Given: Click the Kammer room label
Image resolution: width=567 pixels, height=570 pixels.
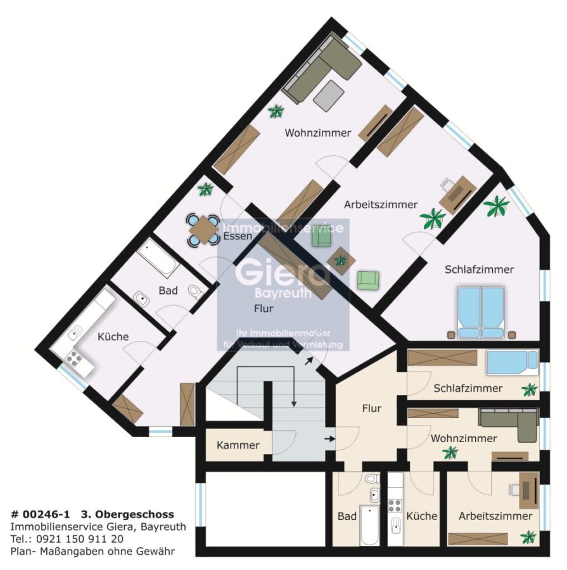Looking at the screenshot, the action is point(238,445).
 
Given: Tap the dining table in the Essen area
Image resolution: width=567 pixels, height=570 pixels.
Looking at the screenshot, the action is point(203,229).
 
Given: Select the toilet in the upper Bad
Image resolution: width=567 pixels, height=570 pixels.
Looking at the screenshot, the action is point(196,291).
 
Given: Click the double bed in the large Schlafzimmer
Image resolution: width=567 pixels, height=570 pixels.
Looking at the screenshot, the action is point(481,312).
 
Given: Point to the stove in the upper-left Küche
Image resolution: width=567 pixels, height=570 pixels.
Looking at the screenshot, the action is point(73,357).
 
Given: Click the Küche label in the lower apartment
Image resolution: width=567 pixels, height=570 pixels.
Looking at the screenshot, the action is point(421,516).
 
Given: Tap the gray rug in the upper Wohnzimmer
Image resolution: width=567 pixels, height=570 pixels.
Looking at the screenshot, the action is point(329,96).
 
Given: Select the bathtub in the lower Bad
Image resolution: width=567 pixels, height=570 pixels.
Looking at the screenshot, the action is point(369,524).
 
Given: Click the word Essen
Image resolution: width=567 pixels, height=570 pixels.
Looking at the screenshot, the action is point(238,236).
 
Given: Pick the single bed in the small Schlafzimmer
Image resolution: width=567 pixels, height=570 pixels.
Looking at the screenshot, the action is point(512,362).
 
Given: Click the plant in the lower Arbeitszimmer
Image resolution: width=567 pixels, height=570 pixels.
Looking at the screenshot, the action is point(528,537).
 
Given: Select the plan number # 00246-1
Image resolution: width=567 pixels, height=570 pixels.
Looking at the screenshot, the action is point(40,514).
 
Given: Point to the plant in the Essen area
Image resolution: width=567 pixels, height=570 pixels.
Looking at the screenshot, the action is point(205,189).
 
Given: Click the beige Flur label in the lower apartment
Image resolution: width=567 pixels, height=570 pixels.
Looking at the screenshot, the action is point(372,408).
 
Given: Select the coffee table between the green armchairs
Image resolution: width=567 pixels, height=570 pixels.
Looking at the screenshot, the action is point(341,260).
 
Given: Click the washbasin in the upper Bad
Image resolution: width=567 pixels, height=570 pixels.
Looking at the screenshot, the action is point(141,299).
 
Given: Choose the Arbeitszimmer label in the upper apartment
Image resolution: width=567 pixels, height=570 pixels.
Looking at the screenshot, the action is point(381,205).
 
